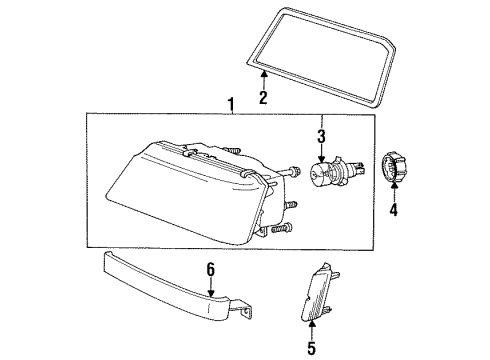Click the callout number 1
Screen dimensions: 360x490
(x=231, y=104)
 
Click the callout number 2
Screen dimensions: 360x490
(x=263, y=98)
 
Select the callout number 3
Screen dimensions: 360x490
(x=321, y=136)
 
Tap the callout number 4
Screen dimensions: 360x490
(x=393, y=211)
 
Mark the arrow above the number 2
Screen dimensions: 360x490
(x=263, y=80)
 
